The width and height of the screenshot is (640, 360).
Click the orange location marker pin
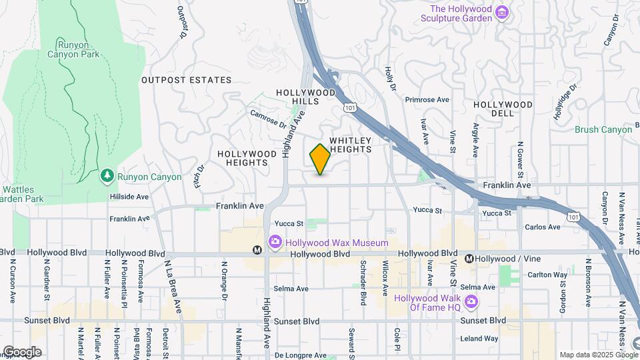(320, 159)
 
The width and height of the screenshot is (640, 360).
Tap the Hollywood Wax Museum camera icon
(273, 241)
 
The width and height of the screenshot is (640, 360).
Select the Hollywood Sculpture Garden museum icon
(503, 13)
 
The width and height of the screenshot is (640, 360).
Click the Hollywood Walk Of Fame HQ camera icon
(471, 302)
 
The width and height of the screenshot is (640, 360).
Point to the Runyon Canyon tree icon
(107, 176)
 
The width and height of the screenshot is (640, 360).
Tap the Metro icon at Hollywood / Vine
(469, 259)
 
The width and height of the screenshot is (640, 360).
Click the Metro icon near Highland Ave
(257, 251)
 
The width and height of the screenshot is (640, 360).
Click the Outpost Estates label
(186, 80)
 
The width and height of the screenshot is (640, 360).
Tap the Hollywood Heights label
(247, 158)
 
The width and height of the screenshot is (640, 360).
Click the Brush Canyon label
(603, 130)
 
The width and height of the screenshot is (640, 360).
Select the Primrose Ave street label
(427, 99)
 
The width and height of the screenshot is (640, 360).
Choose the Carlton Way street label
(549, 275)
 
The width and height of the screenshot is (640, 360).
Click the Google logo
(21, 352)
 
